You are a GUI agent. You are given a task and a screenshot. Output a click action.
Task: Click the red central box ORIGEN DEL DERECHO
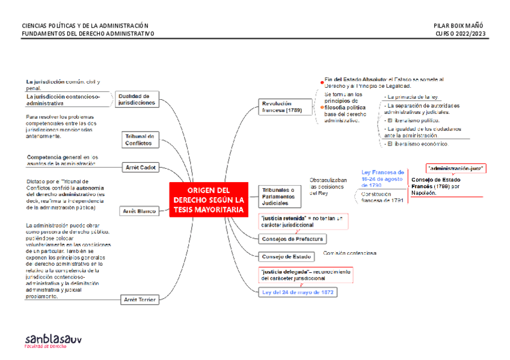tap(209, 200)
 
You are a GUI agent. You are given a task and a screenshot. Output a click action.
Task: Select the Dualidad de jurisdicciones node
tap(137, 99)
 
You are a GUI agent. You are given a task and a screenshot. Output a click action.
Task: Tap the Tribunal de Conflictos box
tap(141, 139)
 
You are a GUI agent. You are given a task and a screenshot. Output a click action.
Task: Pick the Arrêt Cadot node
tap(140, 167)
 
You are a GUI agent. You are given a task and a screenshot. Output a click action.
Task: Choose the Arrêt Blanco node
tap(139, 211)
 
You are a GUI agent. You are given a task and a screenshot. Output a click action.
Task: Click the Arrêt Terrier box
tap(139, 299)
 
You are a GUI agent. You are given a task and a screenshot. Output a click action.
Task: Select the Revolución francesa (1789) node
tap(277, 107)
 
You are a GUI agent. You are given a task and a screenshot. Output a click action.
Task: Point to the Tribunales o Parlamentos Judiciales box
tap(277, 197)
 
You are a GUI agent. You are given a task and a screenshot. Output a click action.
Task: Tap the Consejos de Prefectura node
tap(292, 239)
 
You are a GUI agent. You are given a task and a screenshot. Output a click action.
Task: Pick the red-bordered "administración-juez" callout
tap(455, 168)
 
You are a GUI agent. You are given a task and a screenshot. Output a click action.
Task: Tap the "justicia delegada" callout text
tap(305, 275)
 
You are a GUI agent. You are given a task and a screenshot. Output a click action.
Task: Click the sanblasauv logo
tap(53, 340)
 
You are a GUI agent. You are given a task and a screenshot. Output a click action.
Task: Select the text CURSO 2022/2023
tap(461, 34)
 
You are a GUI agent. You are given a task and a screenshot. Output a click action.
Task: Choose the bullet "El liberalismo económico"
tap(417, 144)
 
